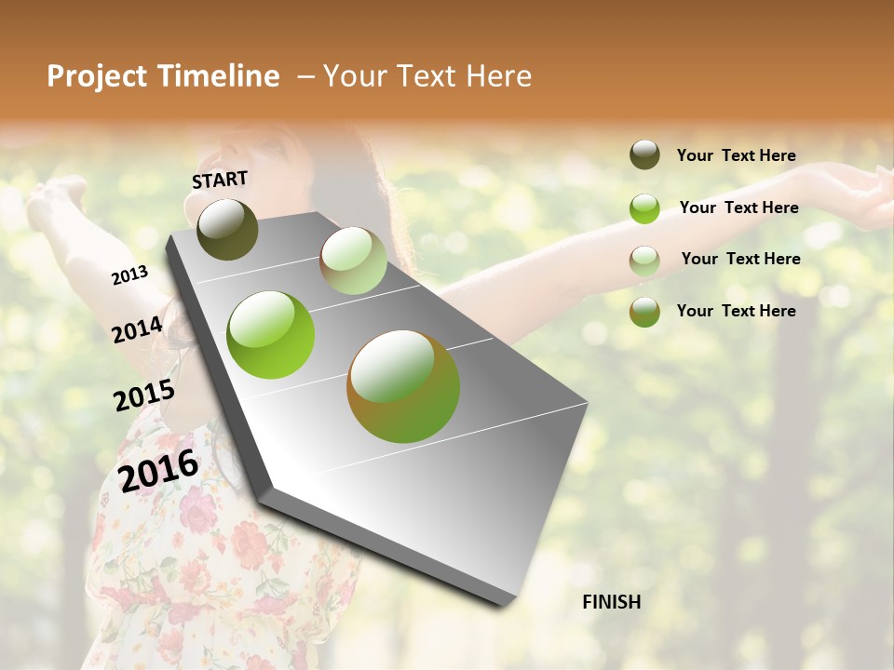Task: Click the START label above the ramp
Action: click(x=220, y=180)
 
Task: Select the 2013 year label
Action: click(x=129, y=275)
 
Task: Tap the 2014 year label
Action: click(x=137, y=329)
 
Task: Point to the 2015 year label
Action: click(x=143, y=395)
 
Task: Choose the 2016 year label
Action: click(x=158, y=469)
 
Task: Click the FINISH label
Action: click(x=611, y=602)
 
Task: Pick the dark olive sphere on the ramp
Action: click(x=227, y=229)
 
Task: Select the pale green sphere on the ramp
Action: click(x=353, y=261)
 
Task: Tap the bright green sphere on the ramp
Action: click(x=270, y=335)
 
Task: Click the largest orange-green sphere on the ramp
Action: click(x=403, y=386)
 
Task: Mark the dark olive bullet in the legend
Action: click(x=644, y=155)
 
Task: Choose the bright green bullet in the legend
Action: click(x=644, y=208)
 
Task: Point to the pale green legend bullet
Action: click(x=644, y=260)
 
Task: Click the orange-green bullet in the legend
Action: click(x=644, y=311)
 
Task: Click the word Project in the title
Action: click(x=98, y=76)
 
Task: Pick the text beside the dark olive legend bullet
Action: click(x=736, y=155)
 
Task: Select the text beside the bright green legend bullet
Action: click(x=738, y=208)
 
